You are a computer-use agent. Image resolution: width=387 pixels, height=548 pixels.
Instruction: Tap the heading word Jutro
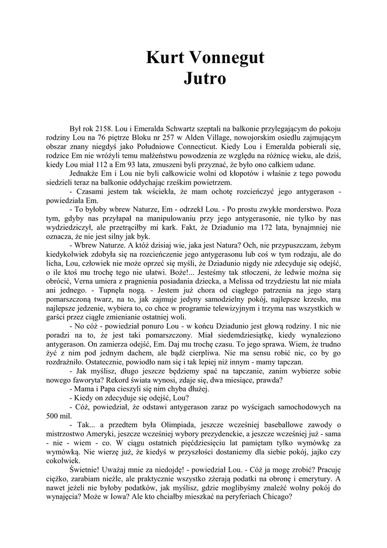pos(205,79)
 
